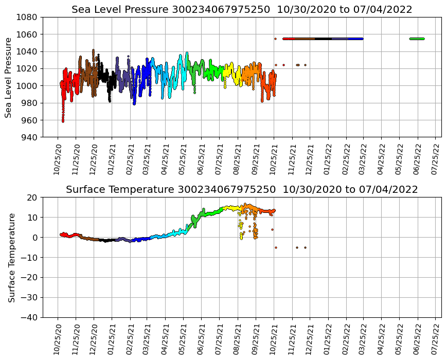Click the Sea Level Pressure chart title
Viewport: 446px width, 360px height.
tap(242, 9)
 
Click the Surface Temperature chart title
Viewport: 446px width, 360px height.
tap(242, 189)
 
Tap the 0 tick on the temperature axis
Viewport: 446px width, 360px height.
tap(35, 238)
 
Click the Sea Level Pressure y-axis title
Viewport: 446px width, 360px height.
tap(8, 77)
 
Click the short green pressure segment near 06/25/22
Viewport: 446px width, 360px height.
tap(417, 39)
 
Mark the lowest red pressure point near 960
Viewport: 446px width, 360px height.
tap(63, 121)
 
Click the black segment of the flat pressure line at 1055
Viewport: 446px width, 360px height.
tap(324, 39)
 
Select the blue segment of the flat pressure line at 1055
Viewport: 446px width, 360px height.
tap(355, 39)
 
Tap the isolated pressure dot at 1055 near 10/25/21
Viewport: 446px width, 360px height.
tap(275, 39)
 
